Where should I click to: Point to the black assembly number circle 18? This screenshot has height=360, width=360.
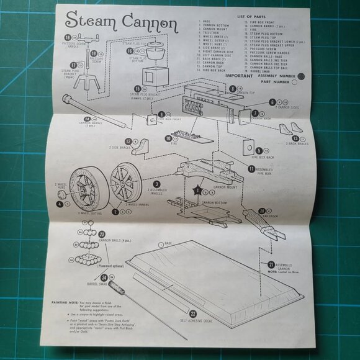point(68,38)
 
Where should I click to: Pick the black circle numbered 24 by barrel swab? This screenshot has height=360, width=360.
point(105,278)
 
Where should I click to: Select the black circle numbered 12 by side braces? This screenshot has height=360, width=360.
point(128,142)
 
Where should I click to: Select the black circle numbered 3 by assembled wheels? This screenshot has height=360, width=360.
point(158,184)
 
